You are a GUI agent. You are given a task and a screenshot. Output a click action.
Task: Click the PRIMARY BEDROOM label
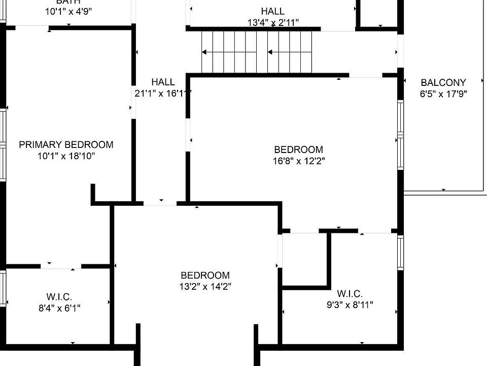(x=66, y=144)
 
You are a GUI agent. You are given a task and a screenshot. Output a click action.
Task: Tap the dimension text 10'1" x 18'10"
(x=66, y=156)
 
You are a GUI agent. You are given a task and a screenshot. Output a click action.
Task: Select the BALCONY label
(x=443, y=82)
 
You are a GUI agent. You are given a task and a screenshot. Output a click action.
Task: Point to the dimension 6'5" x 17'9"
(x=443, y=94)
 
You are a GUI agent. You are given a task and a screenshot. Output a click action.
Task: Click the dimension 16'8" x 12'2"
(x=298, y=161)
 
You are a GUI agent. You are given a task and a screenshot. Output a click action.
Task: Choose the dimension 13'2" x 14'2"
(x=205, y=287)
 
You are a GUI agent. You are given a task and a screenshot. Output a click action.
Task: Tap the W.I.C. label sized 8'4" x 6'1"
(x=59, y=296)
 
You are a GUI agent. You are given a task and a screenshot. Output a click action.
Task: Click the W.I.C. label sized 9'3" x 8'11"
(x=349, y=294)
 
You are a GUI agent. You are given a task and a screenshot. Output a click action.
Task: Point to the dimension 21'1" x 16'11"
(x=163, y=93)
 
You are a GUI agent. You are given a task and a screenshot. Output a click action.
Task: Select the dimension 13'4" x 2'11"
(x=273, y=22)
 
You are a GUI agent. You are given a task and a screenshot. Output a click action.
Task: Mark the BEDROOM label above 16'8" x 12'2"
(x=298, y=149)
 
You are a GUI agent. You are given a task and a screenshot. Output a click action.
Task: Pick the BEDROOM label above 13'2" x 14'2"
(x=205, y=276)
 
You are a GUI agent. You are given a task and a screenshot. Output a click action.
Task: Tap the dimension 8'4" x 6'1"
(x=59, y=308)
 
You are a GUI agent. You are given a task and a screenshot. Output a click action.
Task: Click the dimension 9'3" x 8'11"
(x=349, y=305)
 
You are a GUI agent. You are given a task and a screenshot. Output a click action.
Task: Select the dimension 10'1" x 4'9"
(x=68, y=11)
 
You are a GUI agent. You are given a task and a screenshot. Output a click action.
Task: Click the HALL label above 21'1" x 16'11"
(x=163, y=82)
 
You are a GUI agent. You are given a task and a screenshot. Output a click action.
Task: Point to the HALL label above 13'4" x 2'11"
(x=273, y=11)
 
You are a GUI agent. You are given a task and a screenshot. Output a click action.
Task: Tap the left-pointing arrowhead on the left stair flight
(x=204, y=52)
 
